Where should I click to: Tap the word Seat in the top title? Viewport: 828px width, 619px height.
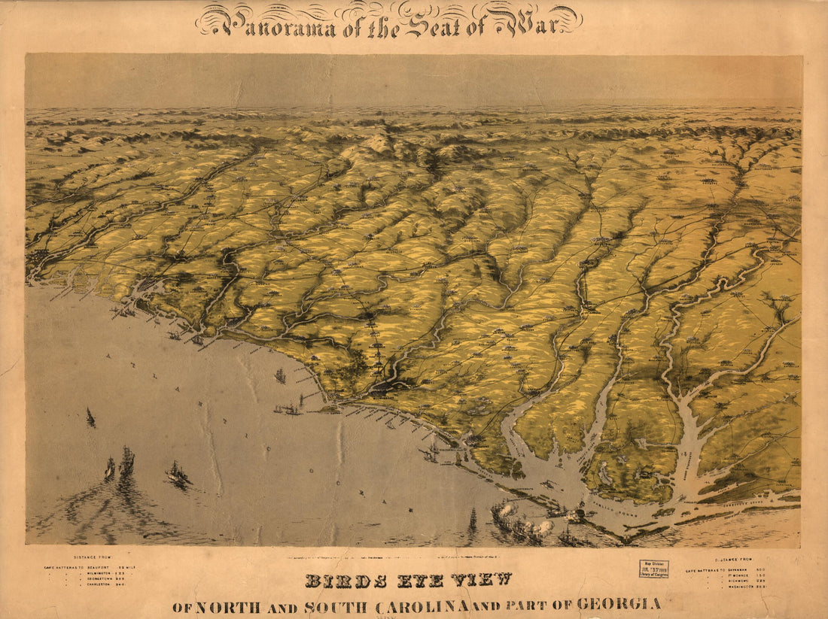[431, 24]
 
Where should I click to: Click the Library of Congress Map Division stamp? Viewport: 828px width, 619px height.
[653, 569]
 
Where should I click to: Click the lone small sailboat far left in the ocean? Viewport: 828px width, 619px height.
[90, 417]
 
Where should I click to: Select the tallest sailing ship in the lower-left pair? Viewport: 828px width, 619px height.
[126, 461]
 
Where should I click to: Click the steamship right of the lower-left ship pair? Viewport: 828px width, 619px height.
[178, 474]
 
